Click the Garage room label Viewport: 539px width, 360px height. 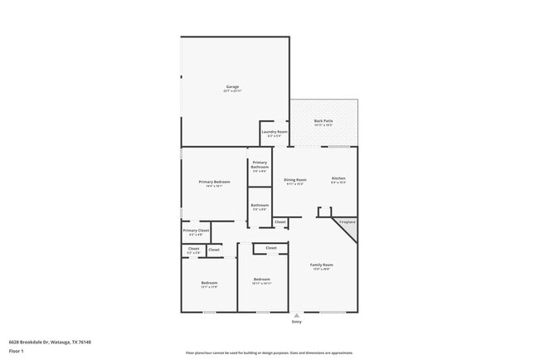click(x=233, y=87)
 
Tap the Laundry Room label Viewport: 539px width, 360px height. click(x=274, y=133)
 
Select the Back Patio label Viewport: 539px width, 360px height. click(x=323, y=122)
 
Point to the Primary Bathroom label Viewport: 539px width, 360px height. click(x=260, y=165)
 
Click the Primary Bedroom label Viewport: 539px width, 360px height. click(x=214, y=182)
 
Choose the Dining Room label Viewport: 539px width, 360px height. click(x=295, y=180)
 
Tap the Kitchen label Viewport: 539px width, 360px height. click(x=338, y=179)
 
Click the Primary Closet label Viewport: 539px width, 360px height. click(x=196, y=231)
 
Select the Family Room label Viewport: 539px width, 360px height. click(x=322, y=265)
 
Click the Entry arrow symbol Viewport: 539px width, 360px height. click(x=296, y=316)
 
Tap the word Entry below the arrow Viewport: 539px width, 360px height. click(x=296, y=323)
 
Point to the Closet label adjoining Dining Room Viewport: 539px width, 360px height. click(x=280, y=222)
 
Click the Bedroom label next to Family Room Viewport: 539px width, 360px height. click(x=261, y=280)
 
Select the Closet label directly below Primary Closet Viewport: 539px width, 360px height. click(x=193, y=249)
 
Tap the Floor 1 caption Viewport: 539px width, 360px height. click(x=17, y=351)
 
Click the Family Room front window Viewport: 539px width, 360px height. click(x=333, y=312)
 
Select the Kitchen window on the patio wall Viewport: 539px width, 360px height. click(x=338, y=147)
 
